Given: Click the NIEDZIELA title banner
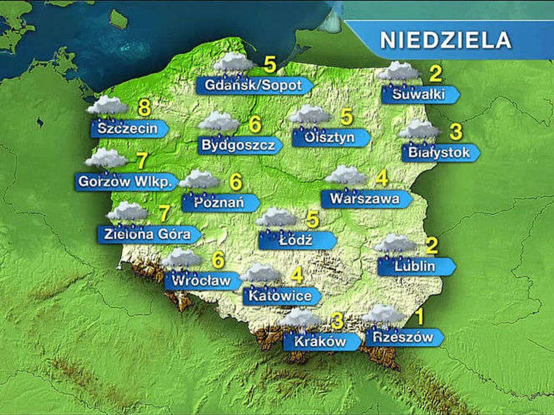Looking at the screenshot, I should tap(445, 40).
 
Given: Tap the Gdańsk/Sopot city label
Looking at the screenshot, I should tap(253, 85).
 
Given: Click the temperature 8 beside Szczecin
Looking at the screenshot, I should tap(144, 108).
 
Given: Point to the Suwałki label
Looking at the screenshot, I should tap(419, 94).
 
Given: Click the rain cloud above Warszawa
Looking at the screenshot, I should tap(346, 176).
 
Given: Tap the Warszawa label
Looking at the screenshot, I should tap(365, 199).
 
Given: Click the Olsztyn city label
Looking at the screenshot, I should tap(330, 137).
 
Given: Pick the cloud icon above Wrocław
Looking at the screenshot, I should tap(182, 259).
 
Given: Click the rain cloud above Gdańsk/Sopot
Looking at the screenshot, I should tap(234, 63).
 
